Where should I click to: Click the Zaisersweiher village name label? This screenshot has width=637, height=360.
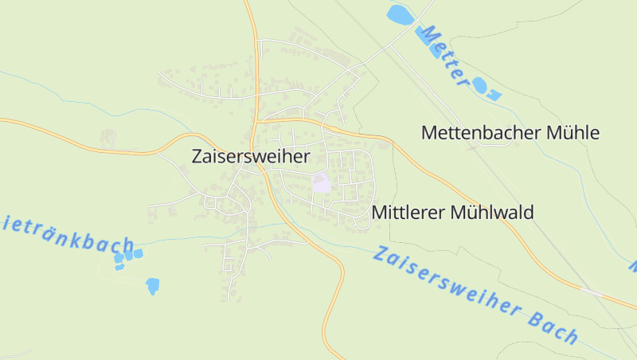[x=250, y=157]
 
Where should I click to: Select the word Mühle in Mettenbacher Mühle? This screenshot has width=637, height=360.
[x=572, y=133]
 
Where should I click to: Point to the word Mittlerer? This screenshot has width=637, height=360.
[x=408, y=213]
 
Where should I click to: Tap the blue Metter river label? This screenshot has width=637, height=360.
[x=446, y=55]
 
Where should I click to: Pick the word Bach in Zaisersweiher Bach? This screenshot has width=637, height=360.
[x=551, y=323]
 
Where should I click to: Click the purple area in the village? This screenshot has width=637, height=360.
[x=322, y=183]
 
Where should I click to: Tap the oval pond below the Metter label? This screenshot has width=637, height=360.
[x=479, y=84]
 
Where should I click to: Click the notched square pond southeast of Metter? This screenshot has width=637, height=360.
[x=493, y=96]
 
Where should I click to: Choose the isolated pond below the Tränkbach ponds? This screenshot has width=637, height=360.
[x=152, y=285]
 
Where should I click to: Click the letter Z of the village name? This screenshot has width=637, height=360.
[x=197, y=157]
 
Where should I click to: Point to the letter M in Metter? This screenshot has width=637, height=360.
[x=430, y=36]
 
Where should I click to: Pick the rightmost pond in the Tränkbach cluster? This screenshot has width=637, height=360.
[x=139, y=253]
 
